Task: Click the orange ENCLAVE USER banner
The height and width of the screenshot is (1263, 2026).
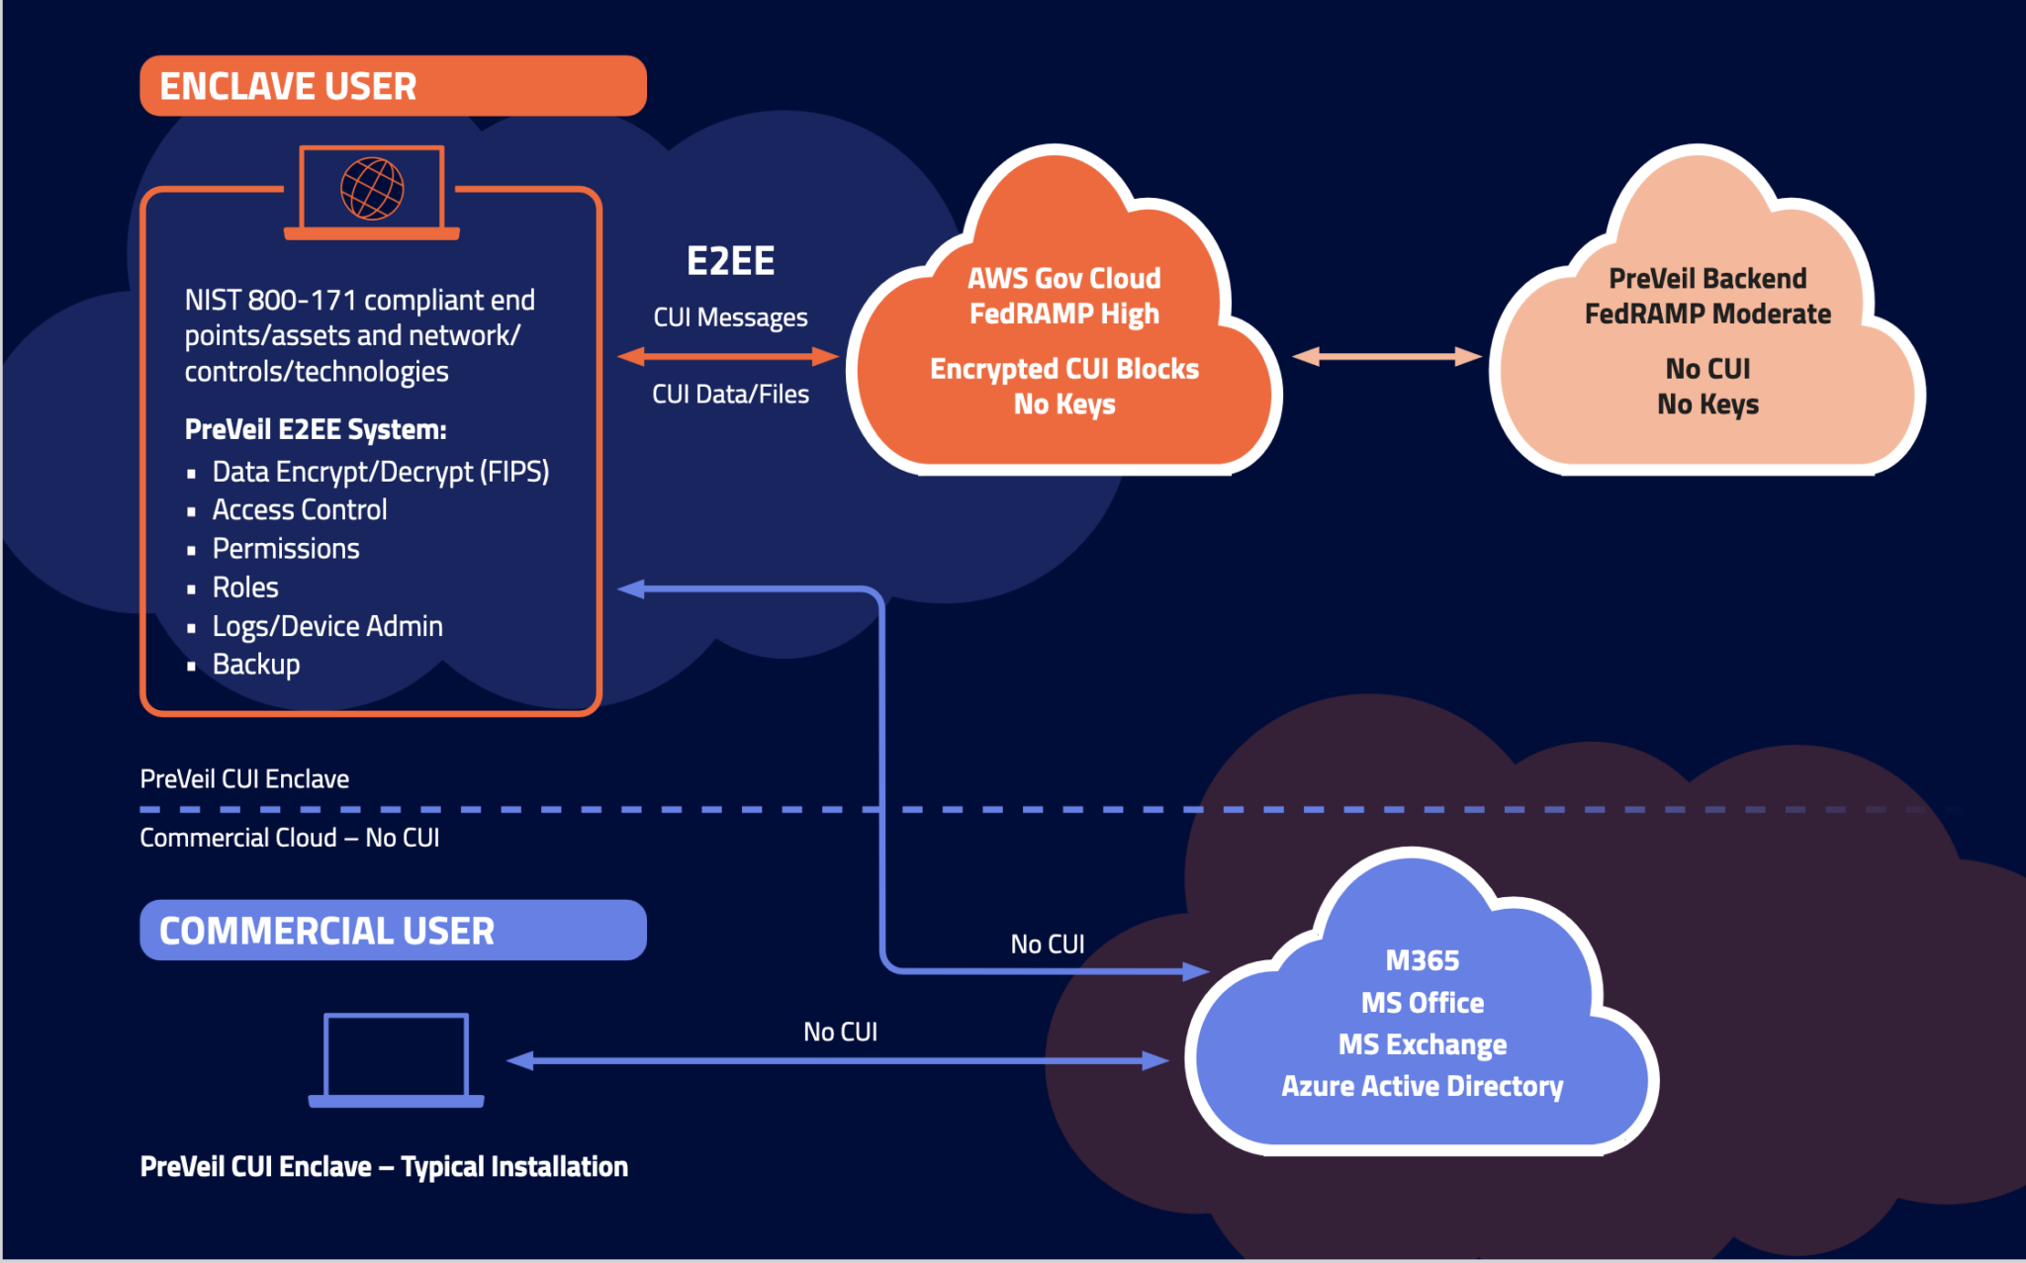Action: pyautogui.click(x=393, y=86)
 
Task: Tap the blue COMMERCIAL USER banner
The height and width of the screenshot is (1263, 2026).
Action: pyautogui.click(x=393, y=930)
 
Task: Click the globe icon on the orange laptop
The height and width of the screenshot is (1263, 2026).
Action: pyautogui.click(x=372, y=188)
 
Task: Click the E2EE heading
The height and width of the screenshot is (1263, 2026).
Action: pyautogui.click(x=730, y=261)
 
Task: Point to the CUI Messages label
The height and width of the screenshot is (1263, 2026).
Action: pyautogui.click(x=730, y=317)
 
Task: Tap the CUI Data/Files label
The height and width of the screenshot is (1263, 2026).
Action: pyautogui.click(x=730, y=394)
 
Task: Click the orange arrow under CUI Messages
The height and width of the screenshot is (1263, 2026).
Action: pyautogui.click(x=728, y=356)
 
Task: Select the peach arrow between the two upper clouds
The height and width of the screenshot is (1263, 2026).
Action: pyautogui.click(x=1387, y=356)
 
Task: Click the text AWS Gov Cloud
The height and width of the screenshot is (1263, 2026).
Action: pyautogui.click(x=1063, y=278)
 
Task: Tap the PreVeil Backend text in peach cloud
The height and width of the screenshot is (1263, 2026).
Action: pyautogui.click(x=1707, y=278)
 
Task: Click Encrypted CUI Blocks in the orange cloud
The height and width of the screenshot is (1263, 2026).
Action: pyautogui.click(x=1063, y=369)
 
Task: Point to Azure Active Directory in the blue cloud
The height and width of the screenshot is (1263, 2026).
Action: pyautogui.click(x=1422, y=1086)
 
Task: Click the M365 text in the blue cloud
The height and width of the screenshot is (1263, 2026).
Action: pyautogui.click(x=1422, y=960)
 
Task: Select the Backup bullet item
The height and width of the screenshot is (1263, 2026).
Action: pyautogui.click(x=255, y=664)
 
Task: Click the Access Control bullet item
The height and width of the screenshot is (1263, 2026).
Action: pyautogui.click(x=299, y=509)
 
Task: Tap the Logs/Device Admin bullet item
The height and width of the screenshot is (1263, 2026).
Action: pyautogui.click(x=326, y=626)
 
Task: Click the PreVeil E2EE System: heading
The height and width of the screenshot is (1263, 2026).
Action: pyautogui.click(x=316, y=429)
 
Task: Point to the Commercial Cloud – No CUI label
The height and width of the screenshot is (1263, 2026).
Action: pyautogui.click(x=289, y=838)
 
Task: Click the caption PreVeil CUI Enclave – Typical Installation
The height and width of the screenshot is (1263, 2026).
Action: pyautogui.click(x=384, y=1166)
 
